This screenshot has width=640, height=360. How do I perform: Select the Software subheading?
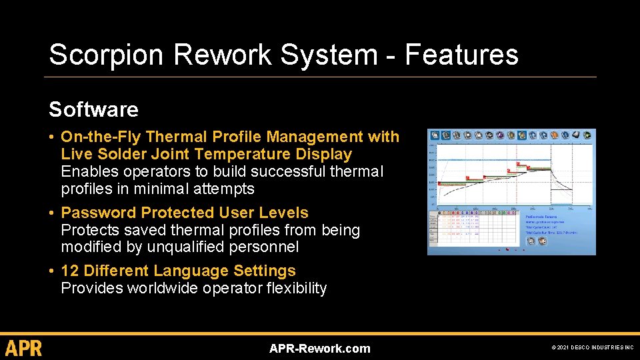tap(93, 109)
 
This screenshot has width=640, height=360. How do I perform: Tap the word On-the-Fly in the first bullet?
tap(101, 137)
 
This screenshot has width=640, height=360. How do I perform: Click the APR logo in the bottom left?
tap(24, 348)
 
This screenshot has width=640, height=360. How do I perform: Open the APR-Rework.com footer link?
tap(319, 348)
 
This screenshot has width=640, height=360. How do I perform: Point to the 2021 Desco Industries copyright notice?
tap(593, 348)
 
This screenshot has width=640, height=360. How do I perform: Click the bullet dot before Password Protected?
tap(52, 213)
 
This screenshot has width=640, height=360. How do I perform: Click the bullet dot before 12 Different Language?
tap(52, 271)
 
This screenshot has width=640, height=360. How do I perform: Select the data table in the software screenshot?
tap(473, 227)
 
